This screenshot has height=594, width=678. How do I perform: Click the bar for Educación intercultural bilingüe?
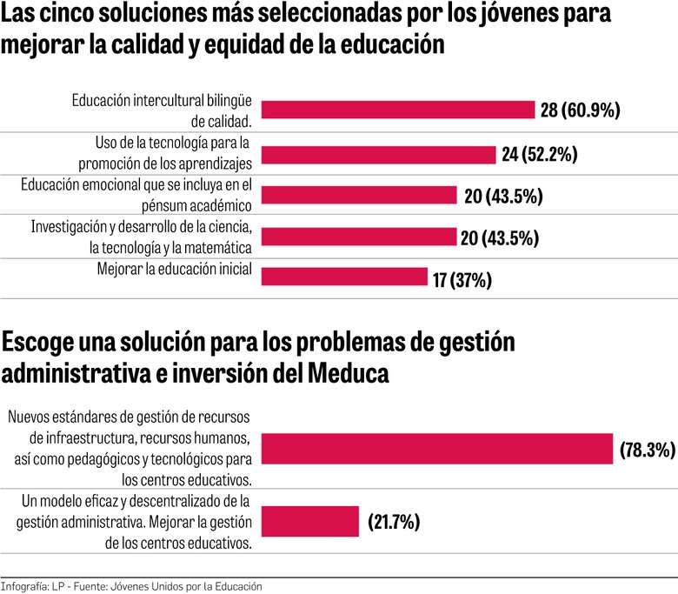coord(398,110)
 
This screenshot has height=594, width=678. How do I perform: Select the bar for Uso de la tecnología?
coord(378,154)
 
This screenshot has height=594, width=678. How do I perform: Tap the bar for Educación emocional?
coord(359,195)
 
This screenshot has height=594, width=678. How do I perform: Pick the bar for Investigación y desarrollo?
coord(359,237)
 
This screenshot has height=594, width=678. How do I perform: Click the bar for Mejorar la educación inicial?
coord(344,277)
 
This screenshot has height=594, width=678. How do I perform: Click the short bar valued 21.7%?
coord(310,522)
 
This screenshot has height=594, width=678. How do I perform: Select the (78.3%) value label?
coord(648,450)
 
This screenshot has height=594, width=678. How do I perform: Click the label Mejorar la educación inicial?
coord(174,270)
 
